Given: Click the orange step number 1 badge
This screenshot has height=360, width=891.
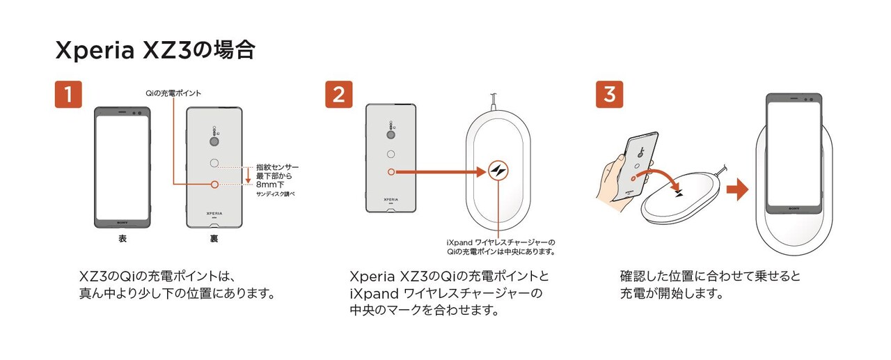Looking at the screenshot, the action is (x=68, y=94).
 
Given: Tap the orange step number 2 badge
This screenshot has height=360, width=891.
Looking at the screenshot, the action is (x=339, y=94).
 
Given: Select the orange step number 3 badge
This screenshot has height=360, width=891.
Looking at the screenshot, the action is (x=609, y=94).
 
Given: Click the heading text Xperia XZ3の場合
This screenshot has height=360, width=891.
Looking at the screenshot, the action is (x=155, y=50).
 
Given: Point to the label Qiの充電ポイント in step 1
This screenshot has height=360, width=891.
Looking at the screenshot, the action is (x=173, y=93).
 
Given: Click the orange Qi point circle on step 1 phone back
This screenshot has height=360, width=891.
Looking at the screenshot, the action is (x=215, y=185).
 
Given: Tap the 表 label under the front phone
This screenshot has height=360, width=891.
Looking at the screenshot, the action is (x=123, y=239).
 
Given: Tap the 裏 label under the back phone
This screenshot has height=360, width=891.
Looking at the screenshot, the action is (x=214, y=239).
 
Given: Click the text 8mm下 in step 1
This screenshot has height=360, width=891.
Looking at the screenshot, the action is (x=270, y=185).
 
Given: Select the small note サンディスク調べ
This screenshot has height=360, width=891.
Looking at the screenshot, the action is (x=275, y=194).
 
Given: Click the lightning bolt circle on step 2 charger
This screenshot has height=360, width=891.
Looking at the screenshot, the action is (x=498, y=171).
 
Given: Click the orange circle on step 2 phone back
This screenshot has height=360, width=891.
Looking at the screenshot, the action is (x=391, y=172).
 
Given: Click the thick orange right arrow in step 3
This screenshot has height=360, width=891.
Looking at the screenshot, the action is (x=737, y=189).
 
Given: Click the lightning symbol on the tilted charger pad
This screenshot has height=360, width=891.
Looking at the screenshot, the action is (x=680, y=194).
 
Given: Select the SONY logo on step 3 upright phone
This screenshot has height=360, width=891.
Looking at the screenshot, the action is (x=794, y=209).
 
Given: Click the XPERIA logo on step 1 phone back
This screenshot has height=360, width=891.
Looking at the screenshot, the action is (x=214, y=214).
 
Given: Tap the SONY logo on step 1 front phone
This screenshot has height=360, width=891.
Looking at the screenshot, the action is (x=123, y=223).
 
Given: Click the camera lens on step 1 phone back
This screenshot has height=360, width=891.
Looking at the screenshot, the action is (x=215, y=142).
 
